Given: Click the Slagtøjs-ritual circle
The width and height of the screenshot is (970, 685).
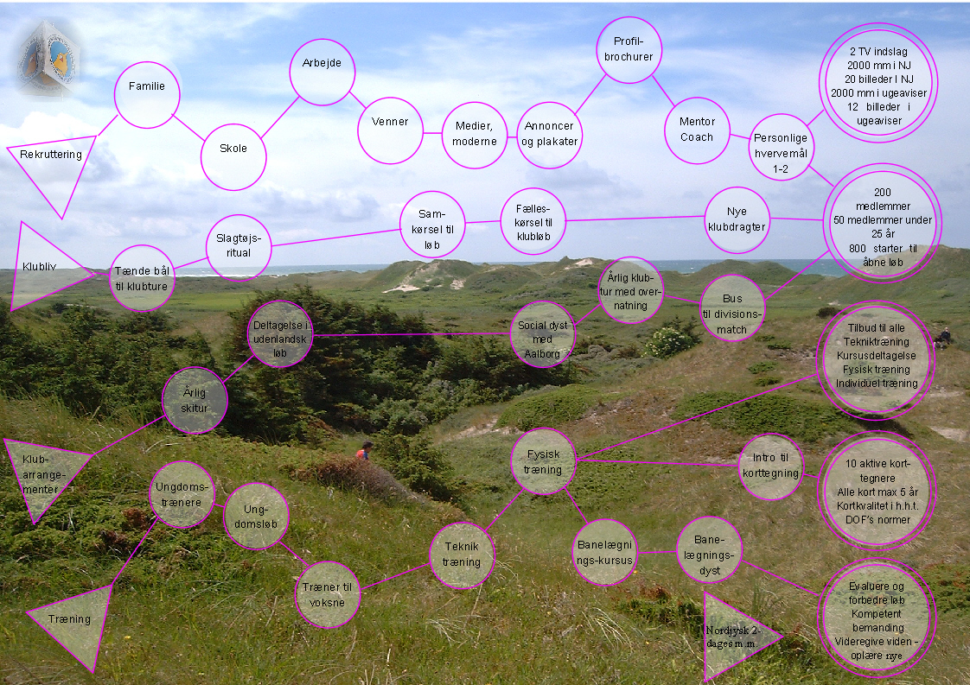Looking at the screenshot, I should pos(239,247).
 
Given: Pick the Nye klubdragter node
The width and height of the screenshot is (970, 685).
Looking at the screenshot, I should pos(737,219).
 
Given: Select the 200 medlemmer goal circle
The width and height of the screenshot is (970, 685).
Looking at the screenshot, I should pos(882,223).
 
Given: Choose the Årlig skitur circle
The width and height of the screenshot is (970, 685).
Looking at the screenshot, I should pos(195,400).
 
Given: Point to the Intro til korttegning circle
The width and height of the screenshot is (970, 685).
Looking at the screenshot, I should pos(771,466).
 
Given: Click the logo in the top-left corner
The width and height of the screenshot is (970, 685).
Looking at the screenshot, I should pos(47,57).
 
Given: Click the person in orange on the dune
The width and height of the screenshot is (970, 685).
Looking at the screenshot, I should pos(366,450).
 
